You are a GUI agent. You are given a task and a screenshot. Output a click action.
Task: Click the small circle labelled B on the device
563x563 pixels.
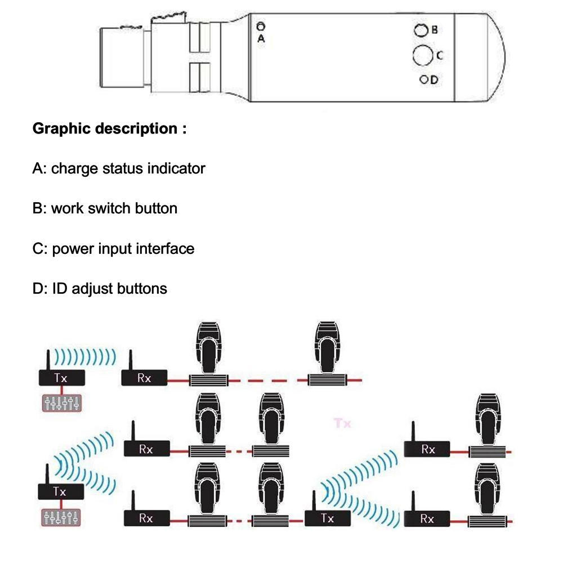tap(419, 30)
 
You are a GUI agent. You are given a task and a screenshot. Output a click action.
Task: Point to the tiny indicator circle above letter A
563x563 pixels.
tap(260, 26)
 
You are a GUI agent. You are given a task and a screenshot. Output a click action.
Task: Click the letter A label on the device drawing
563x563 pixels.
tap(261, 38)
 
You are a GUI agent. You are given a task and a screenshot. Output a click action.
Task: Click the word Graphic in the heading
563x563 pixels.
tap(61, 129)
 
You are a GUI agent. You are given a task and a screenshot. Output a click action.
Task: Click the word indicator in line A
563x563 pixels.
tap(176, 168)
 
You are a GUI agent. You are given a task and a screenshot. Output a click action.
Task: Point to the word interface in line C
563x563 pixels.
tap(166, 248)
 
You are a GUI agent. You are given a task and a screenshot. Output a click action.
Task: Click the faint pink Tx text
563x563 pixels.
tap(342, 423)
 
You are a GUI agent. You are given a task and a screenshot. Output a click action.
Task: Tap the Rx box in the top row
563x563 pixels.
tap(145, 378)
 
